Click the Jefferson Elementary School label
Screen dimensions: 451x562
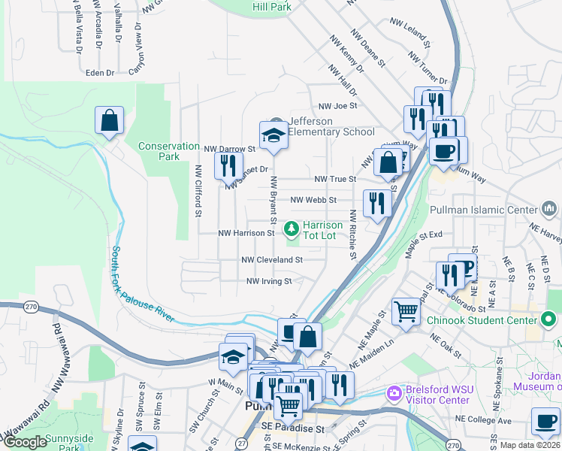pyautogui.click(x=326, y=126)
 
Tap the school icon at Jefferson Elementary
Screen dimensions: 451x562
pyautogui.click(x=273, y=135)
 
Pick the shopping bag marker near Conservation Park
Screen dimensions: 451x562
pyautogui.click(x=109, y=121)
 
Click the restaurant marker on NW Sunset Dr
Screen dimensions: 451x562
pyautogui.click(x=228, y=165)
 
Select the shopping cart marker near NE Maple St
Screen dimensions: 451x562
pyautogui.click(x=406, y=310)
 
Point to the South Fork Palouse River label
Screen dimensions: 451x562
pyautogui.click(x=144, y=286)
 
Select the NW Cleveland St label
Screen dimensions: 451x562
pyautogui.click(x=271, y=259)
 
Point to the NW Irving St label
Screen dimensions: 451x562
pyautogui.click(x=269, y=281)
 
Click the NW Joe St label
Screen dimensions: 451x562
pyautogui.click(x=337, y=107)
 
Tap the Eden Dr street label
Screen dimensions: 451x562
pyautogui.click(x=100, y=73)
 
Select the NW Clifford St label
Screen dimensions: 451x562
pyautogui.click(x=199, y=191)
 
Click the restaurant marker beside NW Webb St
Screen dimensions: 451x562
pyautogui.click(x=376, y=203)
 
